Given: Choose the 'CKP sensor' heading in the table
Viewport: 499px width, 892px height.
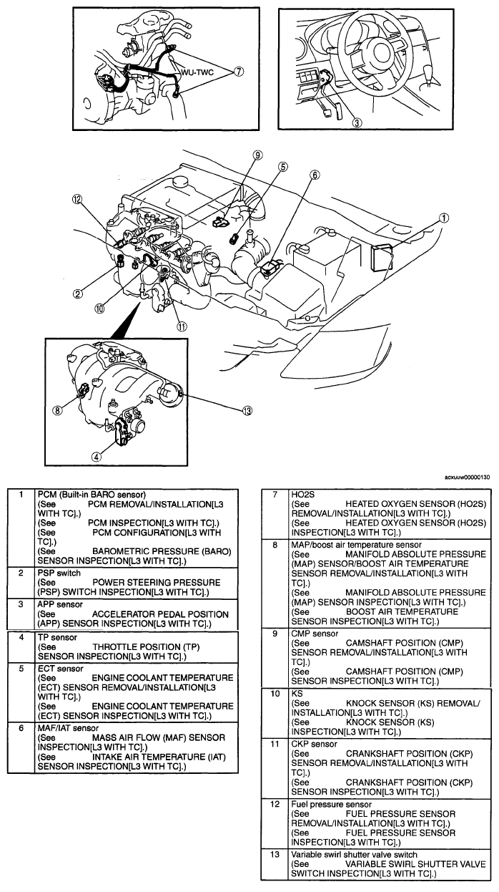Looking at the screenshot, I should tap(315, 744).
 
